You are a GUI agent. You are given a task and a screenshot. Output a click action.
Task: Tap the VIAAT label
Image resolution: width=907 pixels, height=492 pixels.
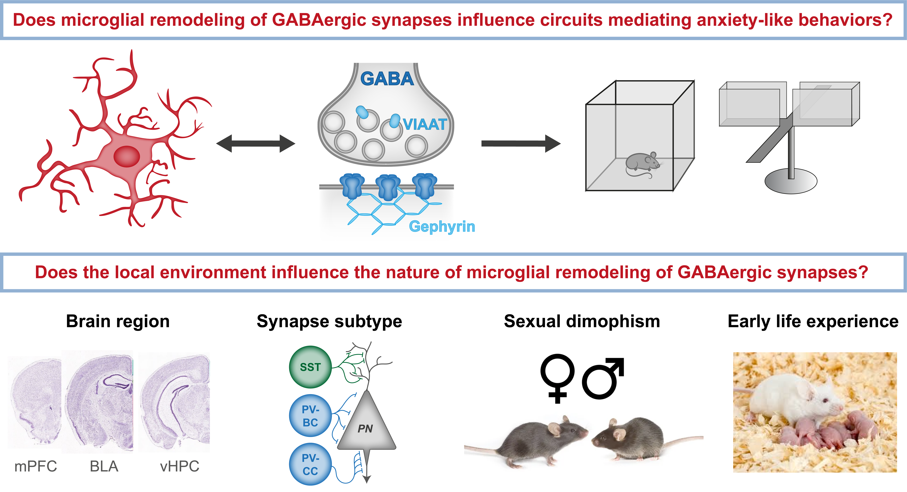coord(425,124)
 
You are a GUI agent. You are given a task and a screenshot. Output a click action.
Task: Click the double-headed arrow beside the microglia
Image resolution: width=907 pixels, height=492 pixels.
coord(256,143)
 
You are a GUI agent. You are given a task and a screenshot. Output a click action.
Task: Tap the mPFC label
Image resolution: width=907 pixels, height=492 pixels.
coord(36,466)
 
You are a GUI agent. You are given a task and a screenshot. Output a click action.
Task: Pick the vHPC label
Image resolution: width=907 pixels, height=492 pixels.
coord(180,466)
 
